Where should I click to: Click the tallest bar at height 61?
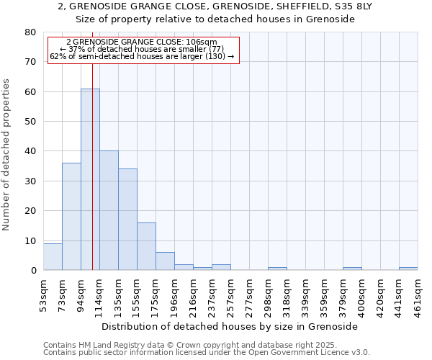(90, 179)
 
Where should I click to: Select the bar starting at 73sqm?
(71, 216)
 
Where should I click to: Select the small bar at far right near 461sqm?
(408, 269)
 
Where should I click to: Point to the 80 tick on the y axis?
(30, 32)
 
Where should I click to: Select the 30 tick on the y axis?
(30, 181)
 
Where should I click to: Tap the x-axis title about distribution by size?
(230, 326)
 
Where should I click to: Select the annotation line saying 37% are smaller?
(143, 49)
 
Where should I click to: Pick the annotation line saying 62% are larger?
(143, 56)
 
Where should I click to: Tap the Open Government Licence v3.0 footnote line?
(207, 352)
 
